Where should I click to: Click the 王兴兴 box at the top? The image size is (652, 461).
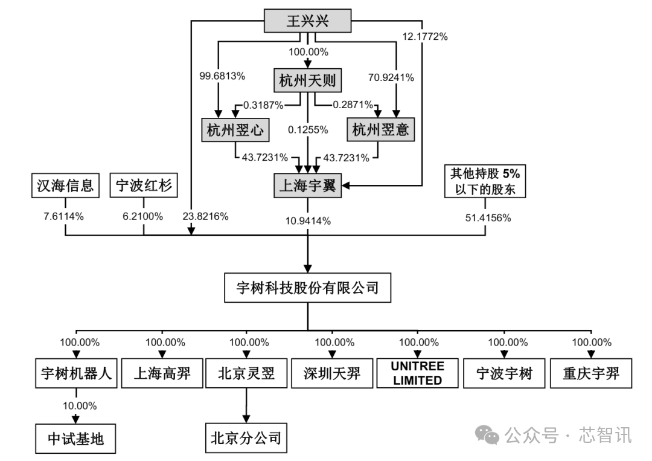pyautogui.click(x=308, y=21)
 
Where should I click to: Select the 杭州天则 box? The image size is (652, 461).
pyautogui.click(x=308, y=80)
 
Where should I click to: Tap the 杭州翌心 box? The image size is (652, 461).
pyautogui.click(x=235, y=130)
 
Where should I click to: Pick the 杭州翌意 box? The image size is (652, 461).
pyautogui.click(x=380, y=129)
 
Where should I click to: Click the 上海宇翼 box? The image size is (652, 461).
pyautogui.click(x=308, y=185)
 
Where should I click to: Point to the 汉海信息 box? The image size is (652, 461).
pyautogui.click(x=65, y=185)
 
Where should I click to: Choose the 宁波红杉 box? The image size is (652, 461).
pyautogui.click(x=144, y=185)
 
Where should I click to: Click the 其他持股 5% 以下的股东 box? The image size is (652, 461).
pyautogui.click(x=485, y=181)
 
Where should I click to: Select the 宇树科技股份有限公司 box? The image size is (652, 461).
pyautogui.click(x=308, y=288)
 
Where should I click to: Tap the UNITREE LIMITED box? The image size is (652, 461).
pyautogui.click(x=418, y=373)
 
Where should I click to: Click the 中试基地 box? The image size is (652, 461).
pyautogui.click(x=75, y=439)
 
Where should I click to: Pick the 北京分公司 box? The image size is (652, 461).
pyautogui.click(x=246, y=438)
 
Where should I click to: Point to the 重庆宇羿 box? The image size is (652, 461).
pyautogui.click(x=591, y=373)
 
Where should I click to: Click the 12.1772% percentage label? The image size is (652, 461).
pyautogui.click(x=425, y=37)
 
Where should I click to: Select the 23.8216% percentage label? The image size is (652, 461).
pyautogui.click(x=205, y=216)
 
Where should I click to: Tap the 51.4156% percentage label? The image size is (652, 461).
pyautogui.click(x=488, y=218)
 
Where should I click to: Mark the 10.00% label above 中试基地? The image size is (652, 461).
pyautogui.click(x=80, y=405)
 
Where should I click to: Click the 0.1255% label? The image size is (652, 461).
pyautogui.click(x=308, y=130)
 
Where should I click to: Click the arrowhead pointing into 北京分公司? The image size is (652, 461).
pyautogui.click(x=246, y=419)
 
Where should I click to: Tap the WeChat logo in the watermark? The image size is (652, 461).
pyautogui.click(x=487, y=434)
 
